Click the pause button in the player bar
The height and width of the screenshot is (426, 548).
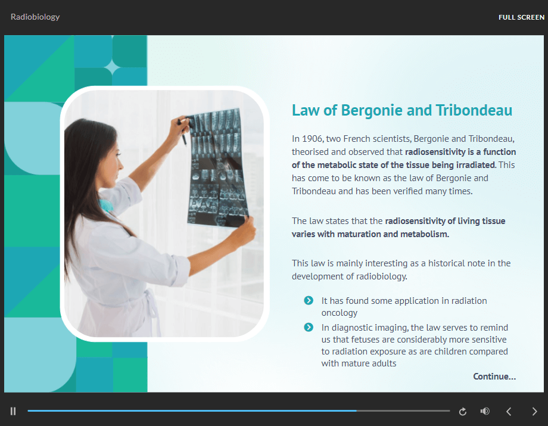[x=13, y=411]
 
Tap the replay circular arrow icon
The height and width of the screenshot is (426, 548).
[x=463, y=412]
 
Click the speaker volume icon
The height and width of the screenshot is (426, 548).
[x=485, y=411]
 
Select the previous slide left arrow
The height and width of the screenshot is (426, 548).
[x=509, y=411]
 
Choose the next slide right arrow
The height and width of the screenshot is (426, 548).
[x=534, y=411]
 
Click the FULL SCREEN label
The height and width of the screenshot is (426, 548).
[x=521, y=17]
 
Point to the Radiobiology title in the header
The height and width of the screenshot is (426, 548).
[x=35, y=17]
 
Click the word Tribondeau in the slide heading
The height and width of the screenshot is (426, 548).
[x=474, y=110]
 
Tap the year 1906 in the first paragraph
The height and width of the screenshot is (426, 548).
[x=312, y=139]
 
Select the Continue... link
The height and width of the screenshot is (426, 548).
[x=494, y=377]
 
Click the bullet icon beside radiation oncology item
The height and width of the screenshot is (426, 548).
[x=309, y=300]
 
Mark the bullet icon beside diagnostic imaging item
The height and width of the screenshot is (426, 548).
[x=309, y=327]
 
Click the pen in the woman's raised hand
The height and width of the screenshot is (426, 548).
[x=182, y=132]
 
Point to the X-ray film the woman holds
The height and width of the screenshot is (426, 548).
[x=217, y=169]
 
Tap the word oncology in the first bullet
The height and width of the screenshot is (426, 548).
[x=340, y=313]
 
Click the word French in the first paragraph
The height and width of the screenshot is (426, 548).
[x=357, y=139]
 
